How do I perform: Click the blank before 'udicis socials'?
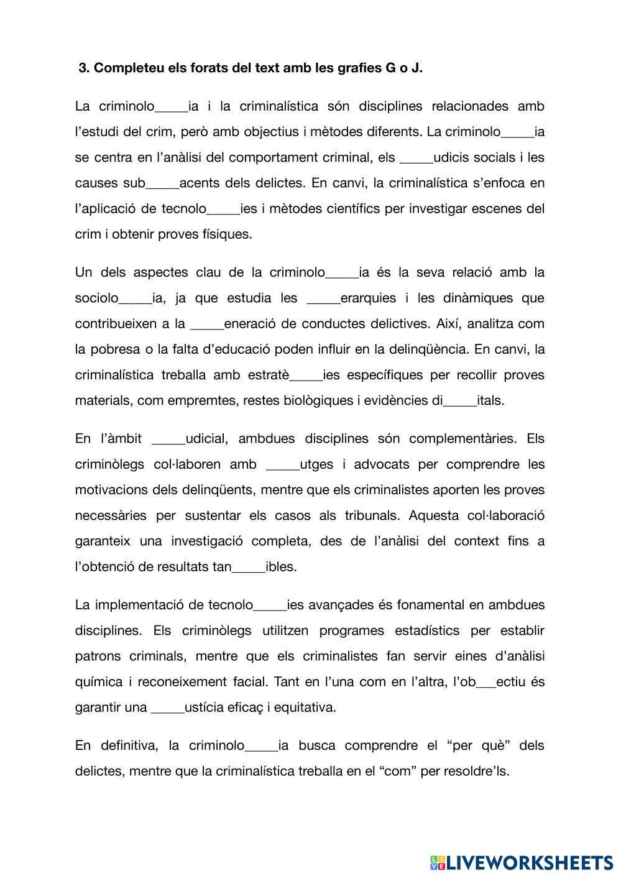coord(416,158)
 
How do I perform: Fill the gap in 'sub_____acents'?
coord(162,183)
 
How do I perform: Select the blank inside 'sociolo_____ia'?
coord(135,298)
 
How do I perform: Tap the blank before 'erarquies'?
coord(323,298)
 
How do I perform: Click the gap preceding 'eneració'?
coord(207,324)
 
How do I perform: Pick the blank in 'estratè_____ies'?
coord(306,376)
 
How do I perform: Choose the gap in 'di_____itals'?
coord(460,401)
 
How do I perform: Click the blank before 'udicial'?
coord(168,439)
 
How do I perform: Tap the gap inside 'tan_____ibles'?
coord(248,567)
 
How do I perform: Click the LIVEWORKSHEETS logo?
coord(521,862)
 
